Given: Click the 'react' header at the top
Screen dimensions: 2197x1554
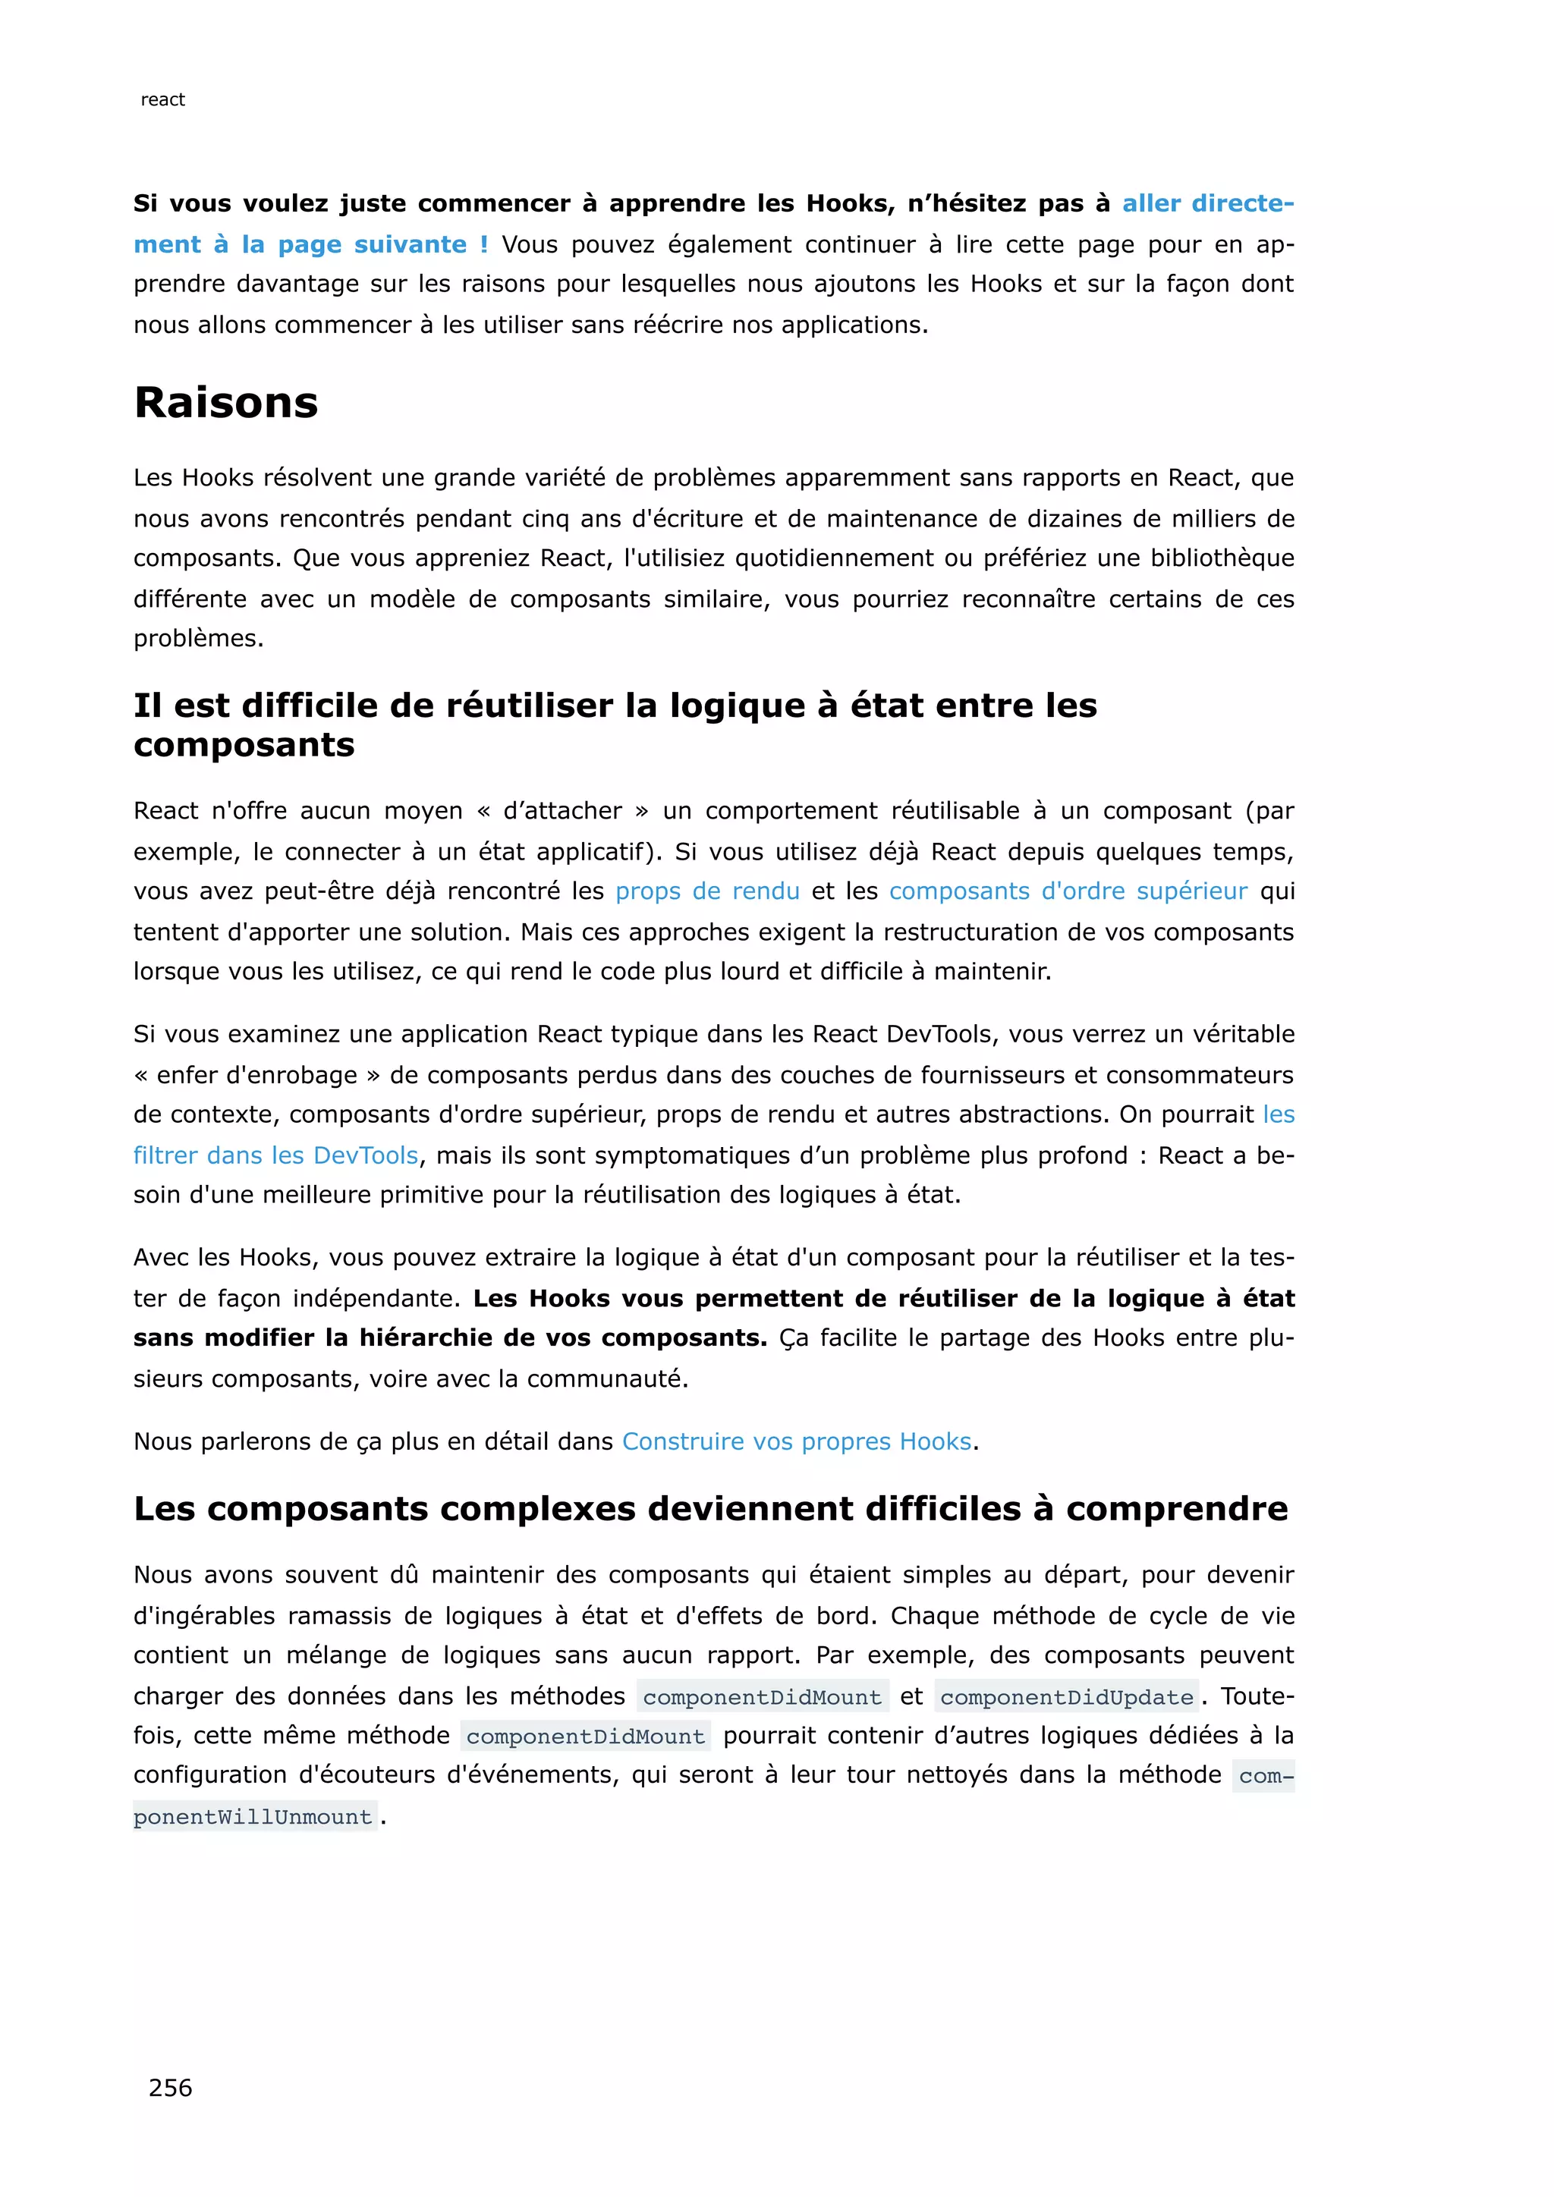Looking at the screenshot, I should tap(162, 99).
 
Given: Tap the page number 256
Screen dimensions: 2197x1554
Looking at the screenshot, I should tap(170, 2087).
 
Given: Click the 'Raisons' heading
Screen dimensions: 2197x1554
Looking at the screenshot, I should tap(226, 402).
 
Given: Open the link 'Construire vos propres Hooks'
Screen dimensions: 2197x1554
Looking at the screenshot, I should tap(796, 1441).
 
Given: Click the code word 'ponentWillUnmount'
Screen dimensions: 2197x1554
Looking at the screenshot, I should tap(253, 1816).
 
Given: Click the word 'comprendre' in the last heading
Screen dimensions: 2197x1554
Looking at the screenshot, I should tap(1177, 1509).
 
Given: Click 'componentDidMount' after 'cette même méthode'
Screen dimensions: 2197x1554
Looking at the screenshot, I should tap(586, 1736).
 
